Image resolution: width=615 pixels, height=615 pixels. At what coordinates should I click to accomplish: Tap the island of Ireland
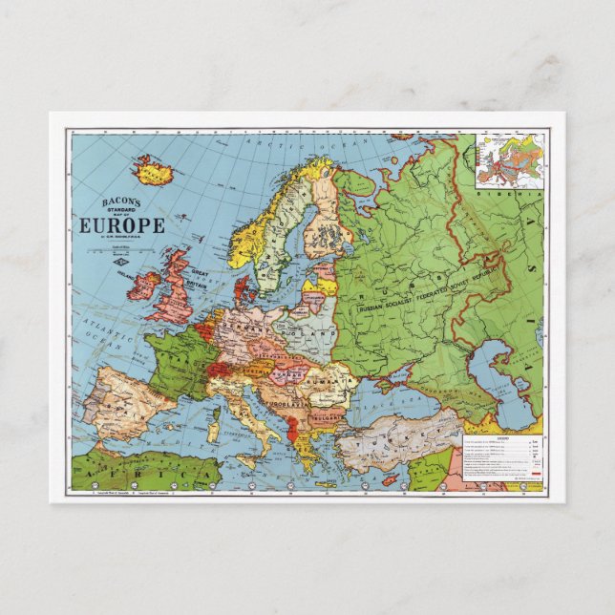pyautogui.click(x=143, y=286)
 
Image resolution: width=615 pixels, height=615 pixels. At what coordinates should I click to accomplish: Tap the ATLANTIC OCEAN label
pyautogui.click(x=105, y=334)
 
